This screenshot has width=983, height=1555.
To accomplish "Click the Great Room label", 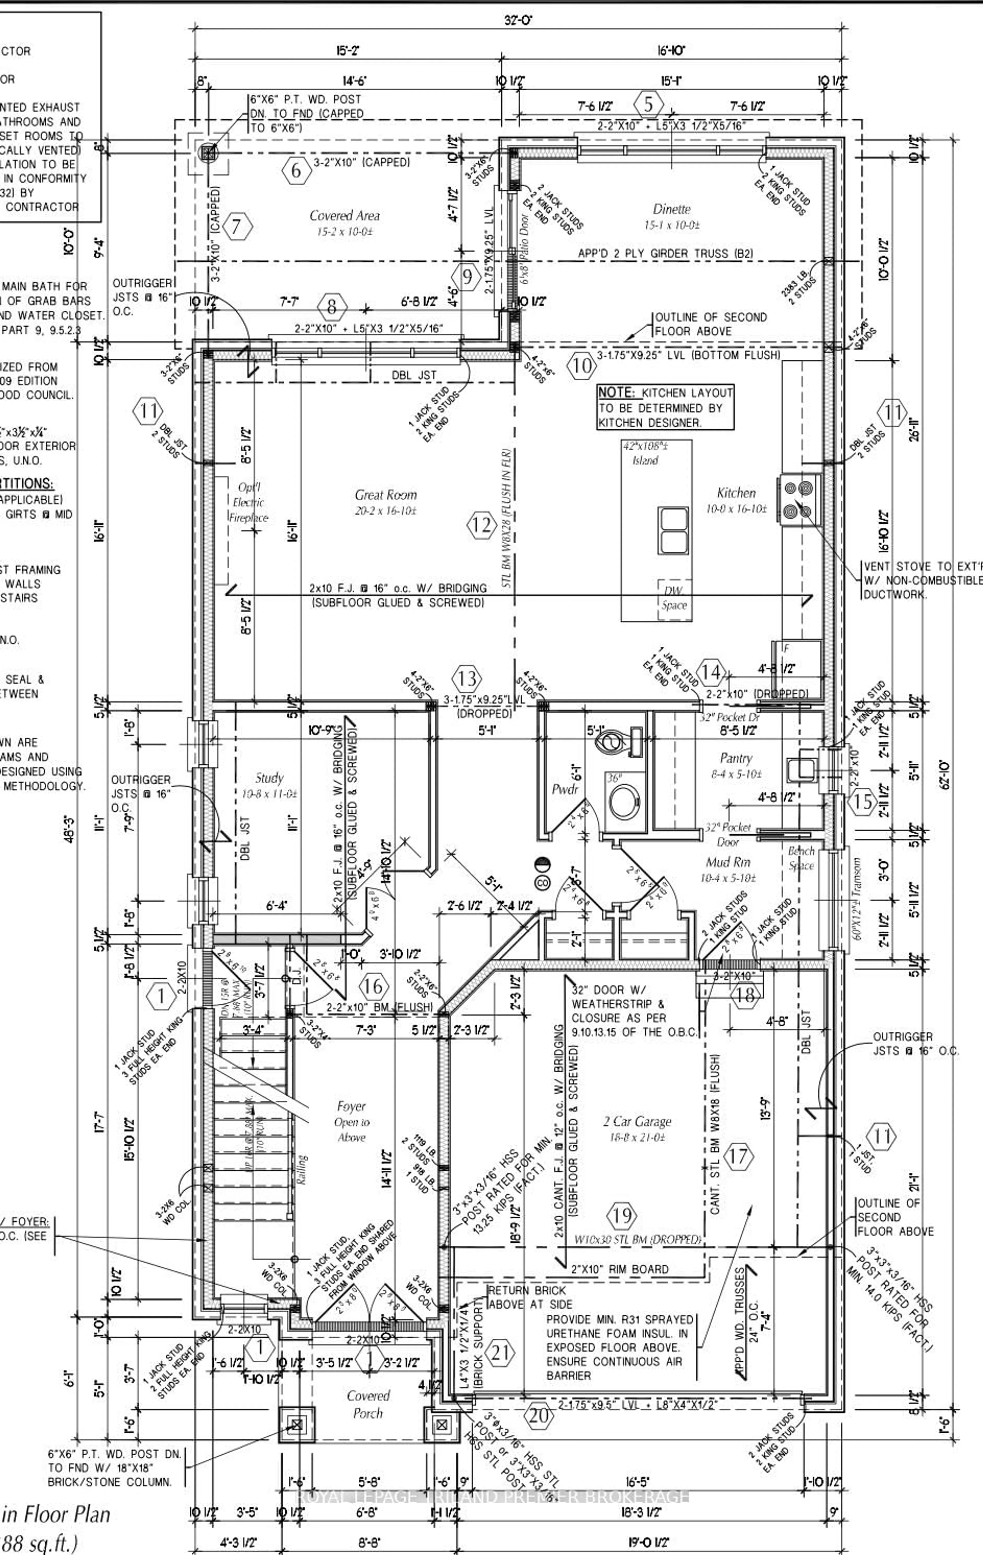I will pyautogui.click(x=386, y=495).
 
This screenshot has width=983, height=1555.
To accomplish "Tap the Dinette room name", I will pyautogui.click(x=672, y=209).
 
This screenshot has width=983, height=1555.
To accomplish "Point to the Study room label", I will pyautogui.click(x=269, y=778).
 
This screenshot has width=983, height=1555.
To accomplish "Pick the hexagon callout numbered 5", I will pyautogui.click(x=648, y=104).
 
